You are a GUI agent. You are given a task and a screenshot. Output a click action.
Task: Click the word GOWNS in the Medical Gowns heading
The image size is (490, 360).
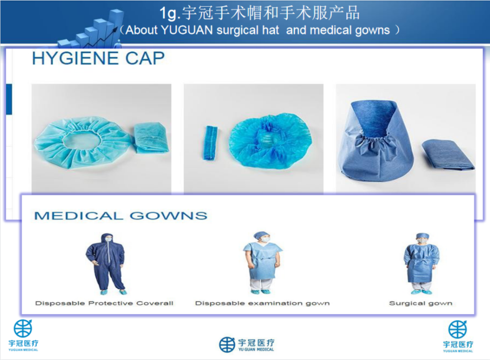(x=168, y=216)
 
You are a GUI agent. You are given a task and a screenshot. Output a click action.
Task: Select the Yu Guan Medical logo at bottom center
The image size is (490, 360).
(x=246, y=345)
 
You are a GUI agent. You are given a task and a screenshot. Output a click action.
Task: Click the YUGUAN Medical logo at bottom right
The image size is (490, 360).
(x=458, y=336)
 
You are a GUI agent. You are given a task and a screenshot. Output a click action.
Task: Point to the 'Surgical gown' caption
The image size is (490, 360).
(x=421, y=303)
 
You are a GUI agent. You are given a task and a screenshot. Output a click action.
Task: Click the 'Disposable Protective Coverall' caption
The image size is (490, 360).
(x=104, y=303)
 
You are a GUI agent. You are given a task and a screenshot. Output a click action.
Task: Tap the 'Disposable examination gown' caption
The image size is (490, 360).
(x=262, y=303)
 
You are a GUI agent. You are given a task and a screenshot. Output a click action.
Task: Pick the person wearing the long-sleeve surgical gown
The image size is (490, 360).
(x=421, y=263)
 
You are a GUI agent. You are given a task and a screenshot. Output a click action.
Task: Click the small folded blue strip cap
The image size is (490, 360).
(x=211, y=143)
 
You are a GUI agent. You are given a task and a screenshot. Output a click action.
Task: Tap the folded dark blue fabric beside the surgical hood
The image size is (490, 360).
(x=448, y=155)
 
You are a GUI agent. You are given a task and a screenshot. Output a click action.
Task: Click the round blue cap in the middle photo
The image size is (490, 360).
(x=269, y=140)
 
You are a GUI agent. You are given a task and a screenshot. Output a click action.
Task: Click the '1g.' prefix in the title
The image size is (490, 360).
(x=169, y=14)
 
